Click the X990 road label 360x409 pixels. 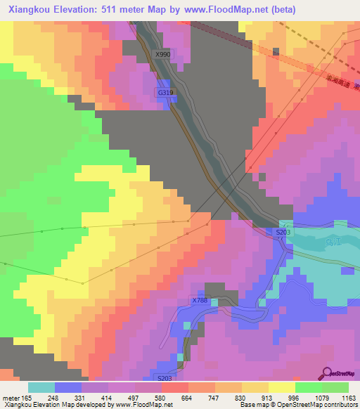coord(162,54)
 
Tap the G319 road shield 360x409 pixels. coord(165,92)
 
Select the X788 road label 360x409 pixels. coord(200,301)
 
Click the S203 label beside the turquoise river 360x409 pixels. coord(283,232)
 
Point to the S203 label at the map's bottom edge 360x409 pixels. coord(165,378)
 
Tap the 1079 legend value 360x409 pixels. coord(321,397)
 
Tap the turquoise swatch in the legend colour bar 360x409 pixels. coord(41,387)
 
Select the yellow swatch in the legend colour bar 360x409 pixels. coord(281,387)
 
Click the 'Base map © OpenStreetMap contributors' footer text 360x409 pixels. coord(297,405)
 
